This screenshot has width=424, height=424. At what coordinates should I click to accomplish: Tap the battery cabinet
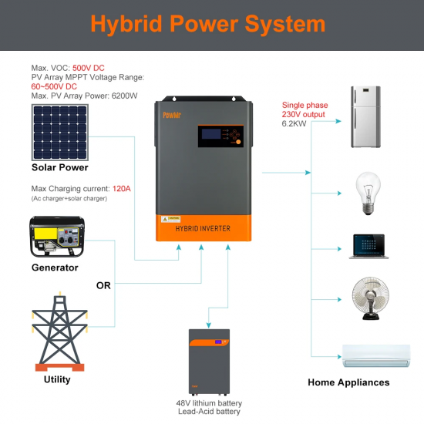pyautogui.click(x=209, y=362)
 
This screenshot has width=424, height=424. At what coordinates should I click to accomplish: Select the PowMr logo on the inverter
pyautogui.click(x=172, y=113)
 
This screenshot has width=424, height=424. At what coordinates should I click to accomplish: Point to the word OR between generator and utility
pyautogui.click(x=103, y=285)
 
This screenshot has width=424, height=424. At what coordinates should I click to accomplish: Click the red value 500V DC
pyautogui.click(x=89, y=68)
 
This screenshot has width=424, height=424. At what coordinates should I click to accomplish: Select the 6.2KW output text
pyautogui.click(x=295, y=124)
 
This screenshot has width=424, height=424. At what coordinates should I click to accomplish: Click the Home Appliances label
pyautogui.click(x=348, y=382)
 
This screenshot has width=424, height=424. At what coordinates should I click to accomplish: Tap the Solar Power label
pyautogui.click(x=59, y=167)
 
